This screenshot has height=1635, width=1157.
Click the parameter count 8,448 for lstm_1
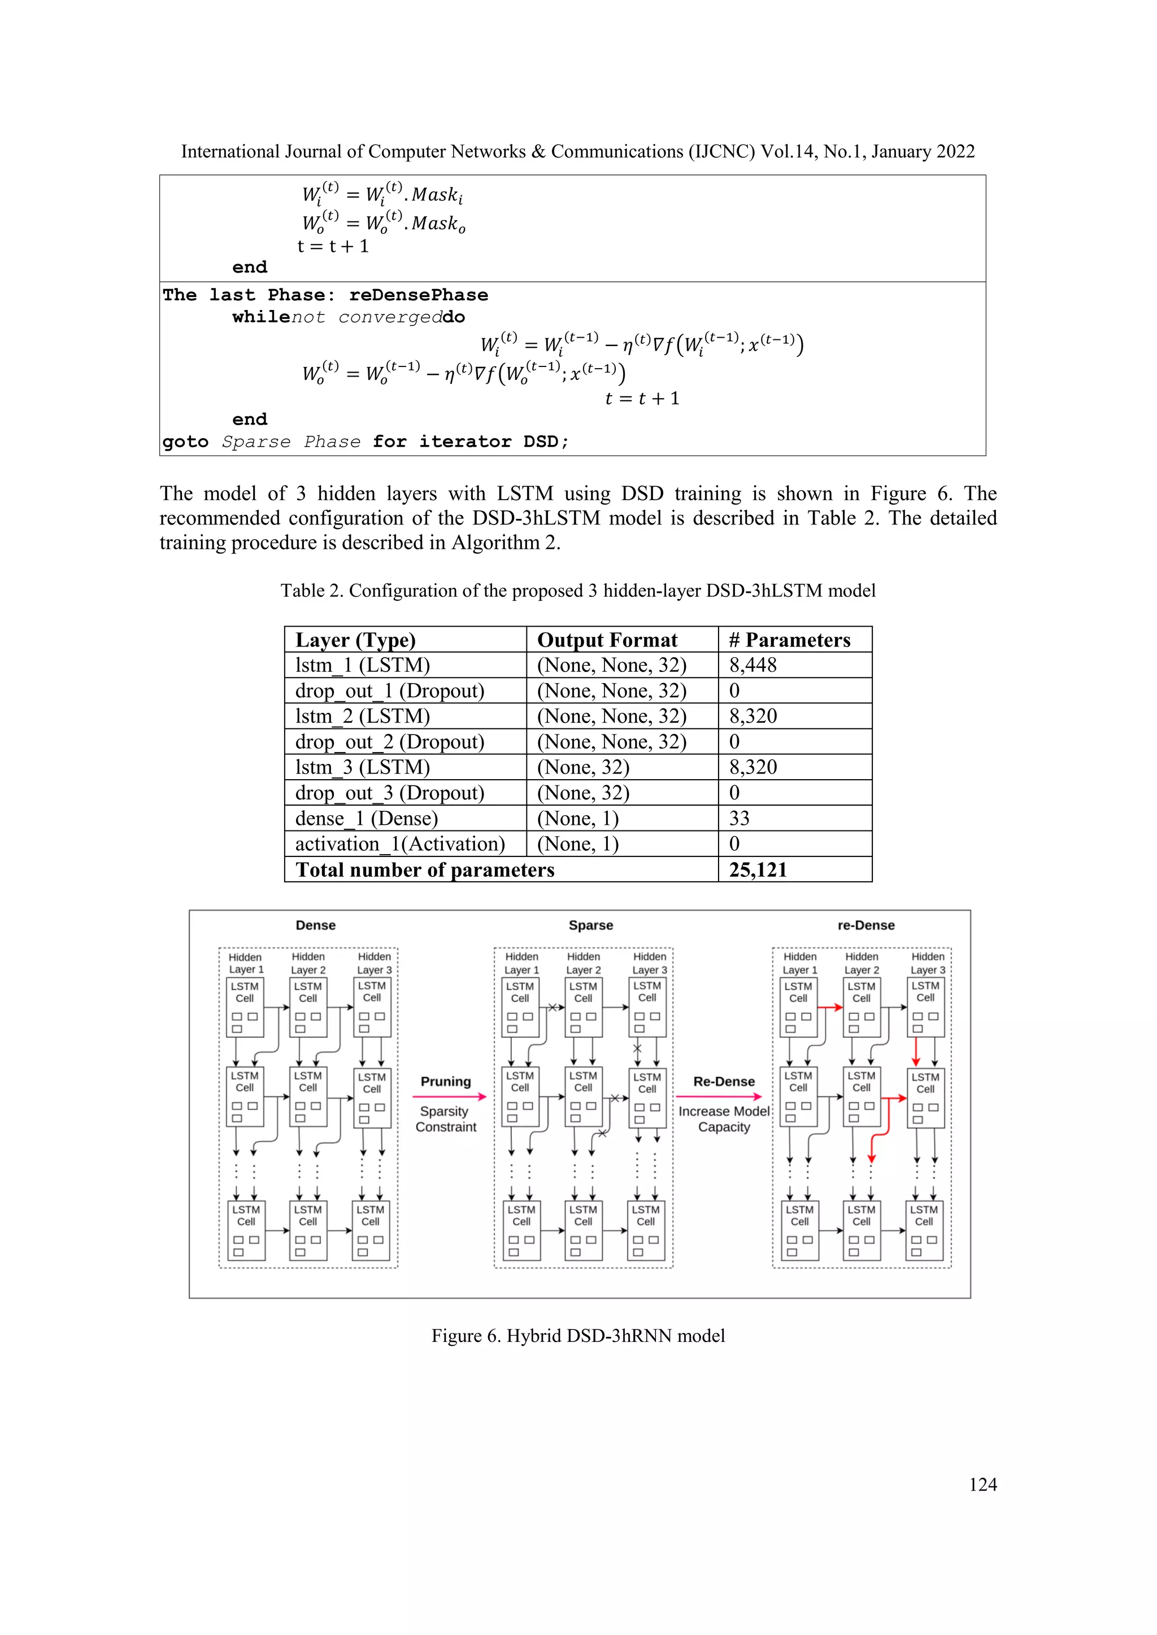click(x=753, y=665)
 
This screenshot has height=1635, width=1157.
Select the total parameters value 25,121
click(x=758, y=869)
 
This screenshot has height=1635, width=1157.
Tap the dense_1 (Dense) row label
click(x=366, y=818)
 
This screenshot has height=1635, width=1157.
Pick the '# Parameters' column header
click(x=789, y=640)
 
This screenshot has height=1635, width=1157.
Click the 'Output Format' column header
click(x=607, y=640)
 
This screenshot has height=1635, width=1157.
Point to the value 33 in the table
click(x=739, y=818)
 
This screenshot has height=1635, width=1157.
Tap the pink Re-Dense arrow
click(x=718, y=1096)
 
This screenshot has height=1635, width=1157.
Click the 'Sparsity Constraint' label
click(x=445, y=1119)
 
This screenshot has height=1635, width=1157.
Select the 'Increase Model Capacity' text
click(x=724, y=1119)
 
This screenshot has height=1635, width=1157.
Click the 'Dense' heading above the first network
click(x=316, y=925)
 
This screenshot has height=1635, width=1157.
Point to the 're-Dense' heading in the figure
click(x=865, y=925)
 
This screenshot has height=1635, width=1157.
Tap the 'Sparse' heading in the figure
click(x=590, y=925)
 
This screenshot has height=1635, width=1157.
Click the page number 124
click(x=982, y=1484)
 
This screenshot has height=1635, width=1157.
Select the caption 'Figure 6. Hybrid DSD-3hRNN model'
click(x=578, y=1335)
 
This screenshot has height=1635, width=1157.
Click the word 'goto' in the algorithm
click(x=185, y=441)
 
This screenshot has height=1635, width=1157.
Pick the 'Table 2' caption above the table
click(x=578, y=591)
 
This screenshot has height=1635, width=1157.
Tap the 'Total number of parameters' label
click(x=425, y=869)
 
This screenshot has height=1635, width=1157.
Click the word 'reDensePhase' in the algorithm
click(x=418, y=295)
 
